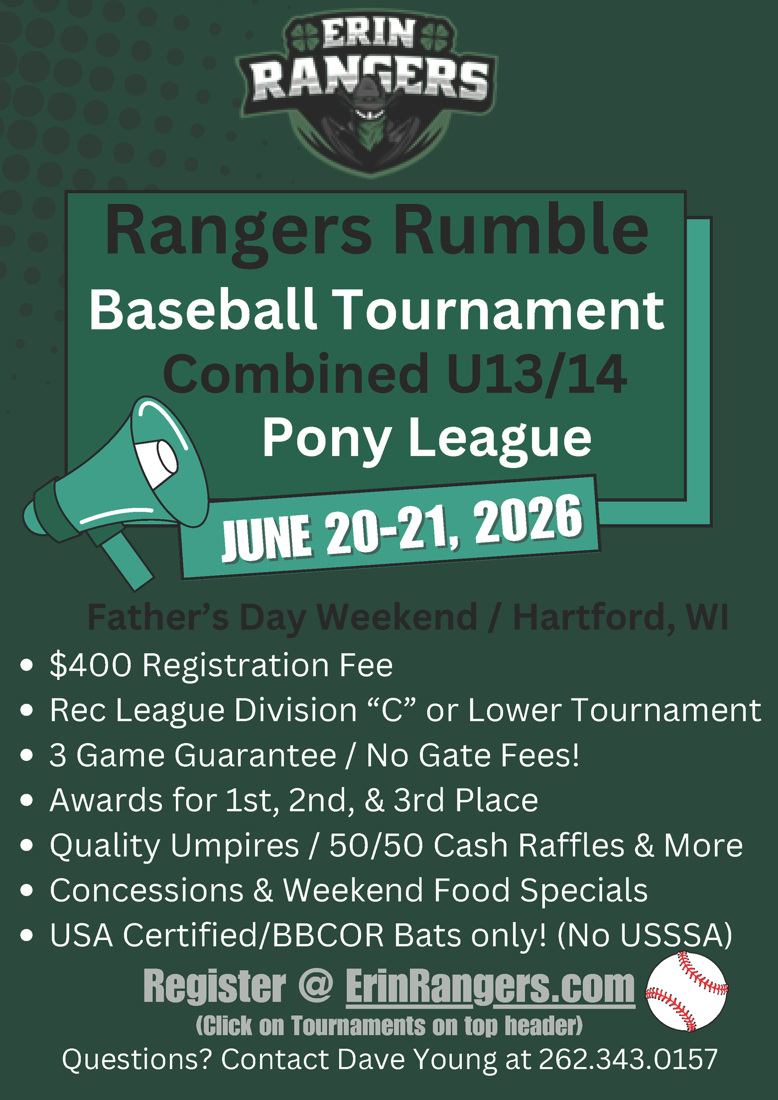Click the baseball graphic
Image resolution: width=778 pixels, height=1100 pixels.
687,992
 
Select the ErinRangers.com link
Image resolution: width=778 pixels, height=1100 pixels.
490,987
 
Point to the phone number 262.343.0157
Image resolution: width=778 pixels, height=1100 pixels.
628,1059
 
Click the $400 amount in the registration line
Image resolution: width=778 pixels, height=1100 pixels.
91,665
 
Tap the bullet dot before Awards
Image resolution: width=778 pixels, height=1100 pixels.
26,800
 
